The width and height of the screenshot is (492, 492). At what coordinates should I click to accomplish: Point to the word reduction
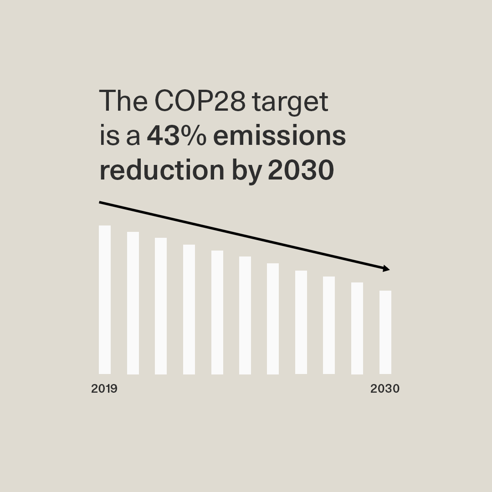(162, 170)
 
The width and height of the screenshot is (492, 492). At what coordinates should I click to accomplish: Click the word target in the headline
(290, 102)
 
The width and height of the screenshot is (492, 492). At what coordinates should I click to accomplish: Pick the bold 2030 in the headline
(301, 170)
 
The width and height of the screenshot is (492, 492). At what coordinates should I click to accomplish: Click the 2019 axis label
(104, 389)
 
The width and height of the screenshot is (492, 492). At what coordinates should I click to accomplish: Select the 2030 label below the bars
(385, 389)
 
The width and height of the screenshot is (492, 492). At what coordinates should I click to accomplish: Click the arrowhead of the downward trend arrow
(387, 269)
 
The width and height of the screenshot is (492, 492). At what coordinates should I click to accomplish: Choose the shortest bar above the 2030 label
(385, 332)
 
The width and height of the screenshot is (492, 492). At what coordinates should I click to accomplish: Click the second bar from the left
(133, 303)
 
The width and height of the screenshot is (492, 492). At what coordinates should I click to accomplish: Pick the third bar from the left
(161, 306)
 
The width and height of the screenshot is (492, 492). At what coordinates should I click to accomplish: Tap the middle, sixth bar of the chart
(245, 315)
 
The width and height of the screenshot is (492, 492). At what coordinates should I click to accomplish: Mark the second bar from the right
(357, 328)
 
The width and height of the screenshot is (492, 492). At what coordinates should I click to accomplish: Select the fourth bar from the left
(189, 309)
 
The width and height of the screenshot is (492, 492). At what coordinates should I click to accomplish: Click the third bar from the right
(329, 325)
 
